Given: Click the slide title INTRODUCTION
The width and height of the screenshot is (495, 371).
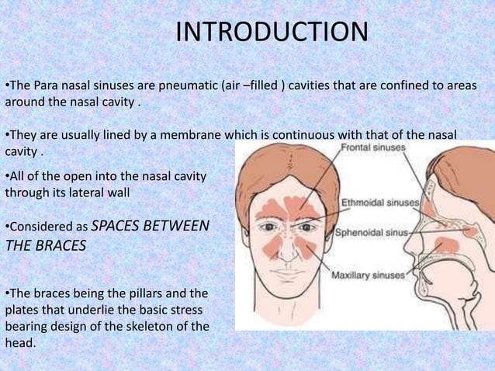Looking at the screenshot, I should tap(271, 33).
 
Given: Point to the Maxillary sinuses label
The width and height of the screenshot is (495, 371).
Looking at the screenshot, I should tap(368, 275).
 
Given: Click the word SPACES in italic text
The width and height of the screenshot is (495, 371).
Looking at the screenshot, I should tap(119, 227).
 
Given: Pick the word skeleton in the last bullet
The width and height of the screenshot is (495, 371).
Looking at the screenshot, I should tap(144, 326).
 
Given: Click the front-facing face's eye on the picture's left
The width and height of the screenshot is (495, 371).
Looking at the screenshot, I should tap(271, 227).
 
